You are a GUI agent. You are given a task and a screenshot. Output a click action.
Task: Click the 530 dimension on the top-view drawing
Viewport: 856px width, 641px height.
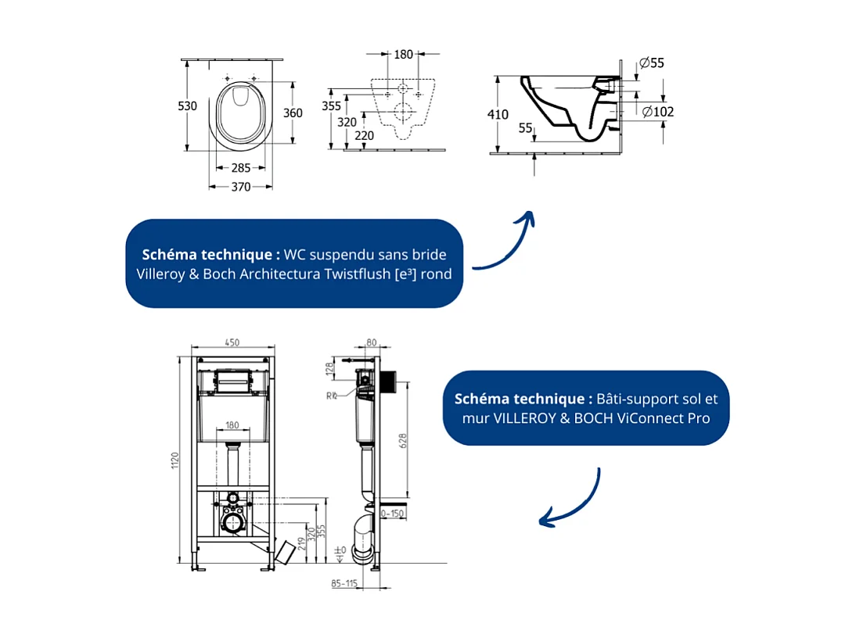pos(188,106)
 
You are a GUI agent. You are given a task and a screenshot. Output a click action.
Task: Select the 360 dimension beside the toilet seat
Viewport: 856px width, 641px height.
pos(292,113)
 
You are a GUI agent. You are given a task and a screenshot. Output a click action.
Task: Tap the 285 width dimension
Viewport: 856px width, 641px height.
pos(241,168)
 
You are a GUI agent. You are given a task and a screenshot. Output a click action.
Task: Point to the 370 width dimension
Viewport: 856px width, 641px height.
pos(241,187)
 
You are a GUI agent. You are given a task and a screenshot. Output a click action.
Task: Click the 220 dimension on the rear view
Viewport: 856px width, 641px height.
pos(364,135)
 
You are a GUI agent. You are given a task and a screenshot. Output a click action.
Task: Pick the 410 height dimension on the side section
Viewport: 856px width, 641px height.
pos(498,114)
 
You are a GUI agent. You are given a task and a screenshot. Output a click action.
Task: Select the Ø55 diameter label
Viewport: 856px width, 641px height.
pos(651,63)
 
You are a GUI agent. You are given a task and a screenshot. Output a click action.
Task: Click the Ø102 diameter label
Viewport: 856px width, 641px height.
pos(658,112)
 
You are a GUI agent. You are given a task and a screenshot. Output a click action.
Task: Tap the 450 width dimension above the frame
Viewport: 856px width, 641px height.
pos(233,342)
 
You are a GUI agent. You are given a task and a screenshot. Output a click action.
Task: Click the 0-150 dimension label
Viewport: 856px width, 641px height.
pos(393,514)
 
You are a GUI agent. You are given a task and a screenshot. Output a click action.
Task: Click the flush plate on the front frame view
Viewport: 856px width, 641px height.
pos(233,381)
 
